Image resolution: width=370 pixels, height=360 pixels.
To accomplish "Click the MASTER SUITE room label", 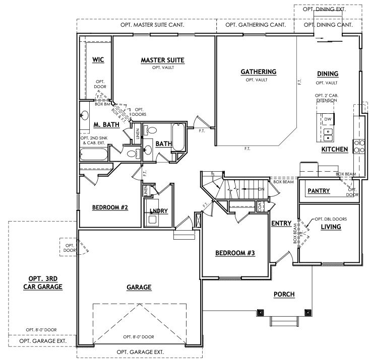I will [162, 60].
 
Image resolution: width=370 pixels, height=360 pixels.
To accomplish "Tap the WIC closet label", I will [98, 60].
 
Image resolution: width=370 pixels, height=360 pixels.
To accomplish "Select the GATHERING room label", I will [258, 71].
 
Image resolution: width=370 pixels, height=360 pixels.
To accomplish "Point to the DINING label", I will [327, 74].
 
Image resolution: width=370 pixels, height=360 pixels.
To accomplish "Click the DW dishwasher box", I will [328, 119].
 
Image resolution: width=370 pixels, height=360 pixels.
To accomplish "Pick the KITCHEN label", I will [335, 150].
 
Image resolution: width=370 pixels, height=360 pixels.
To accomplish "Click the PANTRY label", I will [319, 191].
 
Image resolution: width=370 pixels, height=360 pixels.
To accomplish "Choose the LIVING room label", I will [331, 227].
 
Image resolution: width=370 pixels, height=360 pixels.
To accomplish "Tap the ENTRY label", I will [280, 223].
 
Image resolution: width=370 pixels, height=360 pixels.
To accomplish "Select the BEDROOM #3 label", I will [235, 253].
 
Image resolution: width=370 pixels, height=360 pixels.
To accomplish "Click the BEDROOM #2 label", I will [109, 207].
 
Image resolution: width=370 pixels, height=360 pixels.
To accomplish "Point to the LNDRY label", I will [159, 211].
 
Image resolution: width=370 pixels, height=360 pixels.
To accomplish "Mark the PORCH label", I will [284, 295].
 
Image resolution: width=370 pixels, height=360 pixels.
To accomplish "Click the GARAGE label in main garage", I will [139, 287].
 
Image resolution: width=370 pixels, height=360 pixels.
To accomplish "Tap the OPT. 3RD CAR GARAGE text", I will [43, 282].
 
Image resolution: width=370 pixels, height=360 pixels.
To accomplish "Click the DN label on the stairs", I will [261, 189].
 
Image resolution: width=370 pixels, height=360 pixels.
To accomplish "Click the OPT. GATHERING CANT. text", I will [256, 24].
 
